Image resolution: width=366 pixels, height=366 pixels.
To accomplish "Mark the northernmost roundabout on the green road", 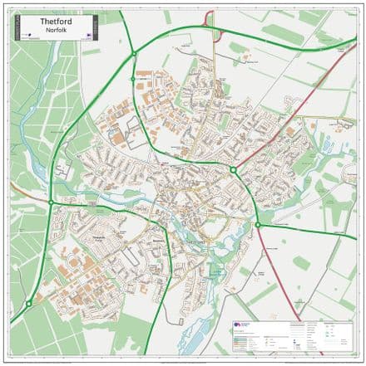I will (133, 54).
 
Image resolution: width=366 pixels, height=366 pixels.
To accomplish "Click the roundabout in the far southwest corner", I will (29, 304).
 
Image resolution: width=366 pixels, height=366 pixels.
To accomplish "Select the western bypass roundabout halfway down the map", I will (52, 202).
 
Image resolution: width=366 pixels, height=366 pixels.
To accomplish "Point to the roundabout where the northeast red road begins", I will (234, 170).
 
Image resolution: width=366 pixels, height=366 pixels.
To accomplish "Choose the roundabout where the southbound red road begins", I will (258, 224).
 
